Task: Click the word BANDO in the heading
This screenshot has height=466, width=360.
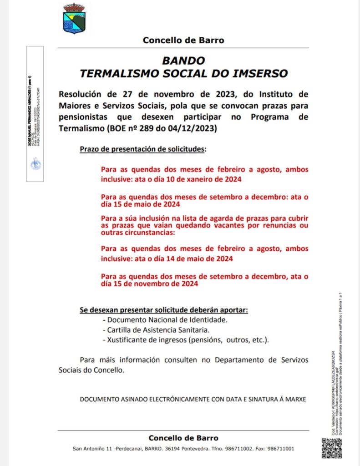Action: [183, 61]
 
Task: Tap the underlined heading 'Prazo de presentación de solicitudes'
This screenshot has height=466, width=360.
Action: [142, 149]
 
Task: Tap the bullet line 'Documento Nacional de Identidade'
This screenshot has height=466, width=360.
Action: [167, 320]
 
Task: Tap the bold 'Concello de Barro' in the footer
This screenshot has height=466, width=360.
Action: [183, 438]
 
